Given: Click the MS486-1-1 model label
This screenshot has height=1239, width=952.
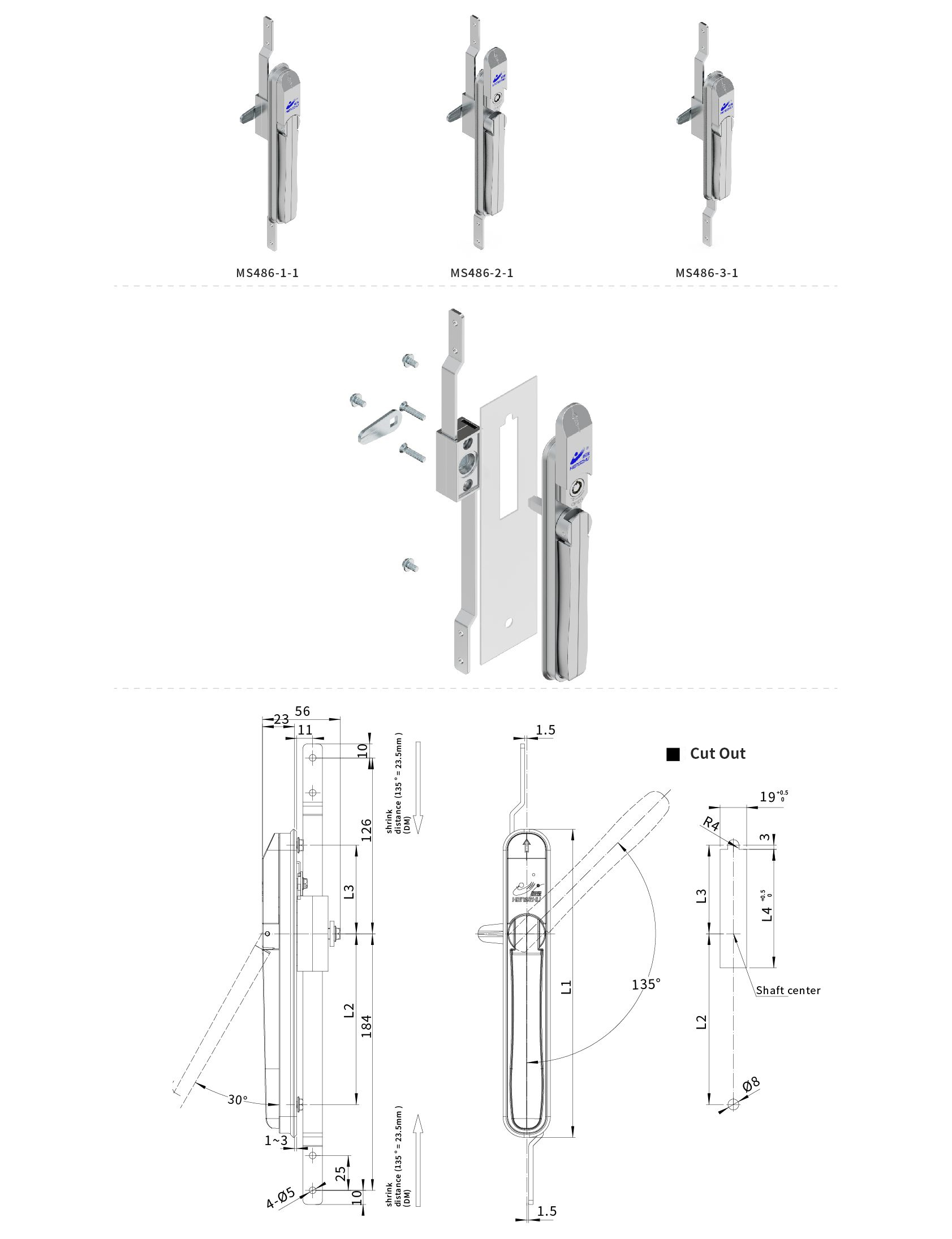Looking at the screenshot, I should [x=267, y=273].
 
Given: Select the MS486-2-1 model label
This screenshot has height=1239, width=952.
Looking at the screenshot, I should [x=482, y=273].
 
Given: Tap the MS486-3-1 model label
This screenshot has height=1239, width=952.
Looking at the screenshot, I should [x=707, y=273].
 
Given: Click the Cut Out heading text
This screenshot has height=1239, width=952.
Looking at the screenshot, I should [x=717, y=753].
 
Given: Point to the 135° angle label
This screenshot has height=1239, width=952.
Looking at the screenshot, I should [x=646, y=983].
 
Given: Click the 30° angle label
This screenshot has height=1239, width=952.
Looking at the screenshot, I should [x=238, y=1100].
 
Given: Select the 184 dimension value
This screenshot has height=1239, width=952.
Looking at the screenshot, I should [x=367, y=1026].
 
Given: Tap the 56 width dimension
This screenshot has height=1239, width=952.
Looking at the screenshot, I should [x=303, y=711].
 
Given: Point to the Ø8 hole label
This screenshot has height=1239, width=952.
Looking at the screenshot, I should [x=751, y=1085].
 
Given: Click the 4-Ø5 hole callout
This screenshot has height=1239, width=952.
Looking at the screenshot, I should [x=281, y=1197].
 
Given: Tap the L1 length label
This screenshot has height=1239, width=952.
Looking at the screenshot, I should [x=566, y=987].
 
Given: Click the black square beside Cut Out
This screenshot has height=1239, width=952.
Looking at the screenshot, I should [x=673, y=754].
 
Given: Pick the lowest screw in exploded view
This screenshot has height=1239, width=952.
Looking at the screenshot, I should [x=410, y=565].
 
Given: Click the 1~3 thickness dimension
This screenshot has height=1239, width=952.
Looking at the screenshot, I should [x=276, y=1140].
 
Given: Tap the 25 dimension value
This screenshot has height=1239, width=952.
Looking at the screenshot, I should [x=341, y=1173].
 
